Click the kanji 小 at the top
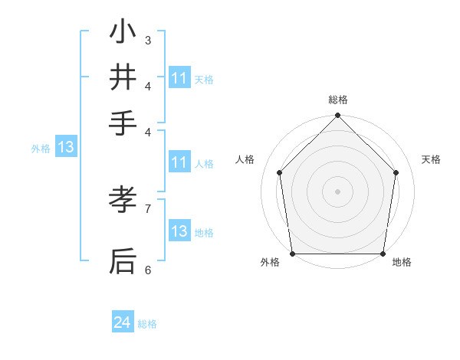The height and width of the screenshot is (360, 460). coord(123,32)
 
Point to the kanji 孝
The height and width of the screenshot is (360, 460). coord(123,200)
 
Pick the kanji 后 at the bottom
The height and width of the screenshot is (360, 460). coord(123,261)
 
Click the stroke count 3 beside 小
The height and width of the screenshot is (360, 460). coord(148,40)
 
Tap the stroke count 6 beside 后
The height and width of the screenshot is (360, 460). coord(148,270)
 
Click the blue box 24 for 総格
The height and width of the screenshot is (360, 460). coord(123,323)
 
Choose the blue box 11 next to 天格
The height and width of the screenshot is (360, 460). coord(179,78)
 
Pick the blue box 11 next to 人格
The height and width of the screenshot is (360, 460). coord(179,162)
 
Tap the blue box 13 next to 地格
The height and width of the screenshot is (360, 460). coord(179,231)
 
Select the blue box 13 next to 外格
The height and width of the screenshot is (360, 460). coord(65,147)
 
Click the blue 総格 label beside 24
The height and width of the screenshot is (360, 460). coord(147,324)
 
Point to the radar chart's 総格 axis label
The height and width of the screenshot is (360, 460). coord(338,100)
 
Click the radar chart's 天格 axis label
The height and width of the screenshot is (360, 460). coord(431,159)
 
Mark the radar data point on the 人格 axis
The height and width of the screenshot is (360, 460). coord(280,172)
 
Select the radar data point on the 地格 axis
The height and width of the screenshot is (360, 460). coord(383,254)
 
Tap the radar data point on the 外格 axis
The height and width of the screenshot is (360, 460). coord(293,254)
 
